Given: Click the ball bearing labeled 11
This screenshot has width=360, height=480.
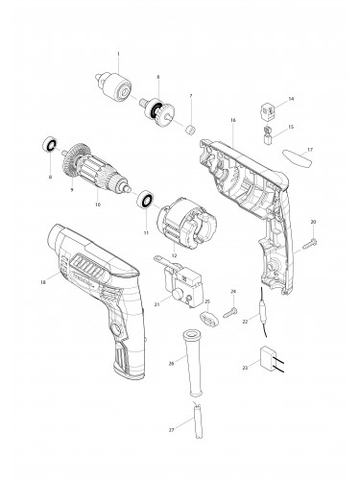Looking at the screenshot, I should pyautogui.click(x=145, y=200).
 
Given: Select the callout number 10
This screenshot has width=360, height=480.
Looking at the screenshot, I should pyautogui.click(x=97, y=204).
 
